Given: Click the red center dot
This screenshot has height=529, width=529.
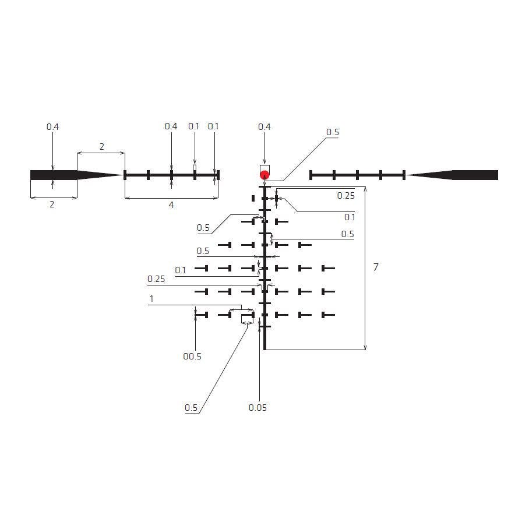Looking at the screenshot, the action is pos(264,175).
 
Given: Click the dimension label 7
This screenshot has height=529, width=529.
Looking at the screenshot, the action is pos(376,267).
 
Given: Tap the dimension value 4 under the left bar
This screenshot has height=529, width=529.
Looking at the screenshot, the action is pos(171,205).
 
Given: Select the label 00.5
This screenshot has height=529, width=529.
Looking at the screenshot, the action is pos(192,357).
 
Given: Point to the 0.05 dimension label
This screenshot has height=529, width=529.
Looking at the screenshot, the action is pos(258,408).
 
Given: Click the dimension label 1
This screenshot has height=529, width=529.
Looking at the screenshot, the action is pos(151,298).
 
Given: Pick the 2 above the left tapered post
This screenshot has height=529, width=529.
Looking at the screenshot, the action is pos(101,147).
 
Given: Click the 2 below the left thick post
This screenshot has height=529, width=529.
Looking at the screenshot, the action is pos(52,204).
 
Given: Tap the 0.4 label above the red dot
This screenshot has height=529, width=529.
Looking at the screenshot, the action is pos(264,127).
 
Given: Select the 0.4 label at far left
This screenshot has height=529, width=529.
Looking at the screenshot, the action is pos(52,127).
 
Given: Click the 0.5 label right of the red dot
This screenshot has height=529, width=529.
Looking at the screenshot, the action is pos(332,132).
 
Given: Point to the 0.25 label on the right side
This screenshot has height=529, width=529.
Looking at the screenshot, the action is pos(346,196).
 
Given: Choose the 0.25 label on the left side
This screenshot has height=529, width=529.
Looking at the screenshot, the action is pos(156,279).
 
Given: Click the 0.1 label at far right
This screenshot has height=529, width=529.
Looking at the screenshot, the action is pos(350,217).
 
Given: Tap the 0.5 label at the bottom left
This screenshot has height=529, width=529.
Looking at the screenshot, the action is pos(191,408).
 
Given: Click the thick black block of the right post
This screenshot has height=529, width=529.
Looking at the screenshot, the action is pos(475,175).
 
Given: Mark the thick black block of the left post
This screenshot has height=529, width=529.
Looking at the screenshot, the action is pos(54,175).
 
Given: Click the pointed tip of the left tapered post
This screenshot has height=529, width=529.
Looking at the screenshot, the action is pos(123,175).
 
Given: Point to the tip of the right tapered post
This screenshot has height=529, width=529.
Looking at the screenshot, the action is pos(406,175).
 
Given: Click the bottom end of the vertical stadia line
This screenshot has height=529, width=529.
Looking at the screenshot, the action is pos(265,350).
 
